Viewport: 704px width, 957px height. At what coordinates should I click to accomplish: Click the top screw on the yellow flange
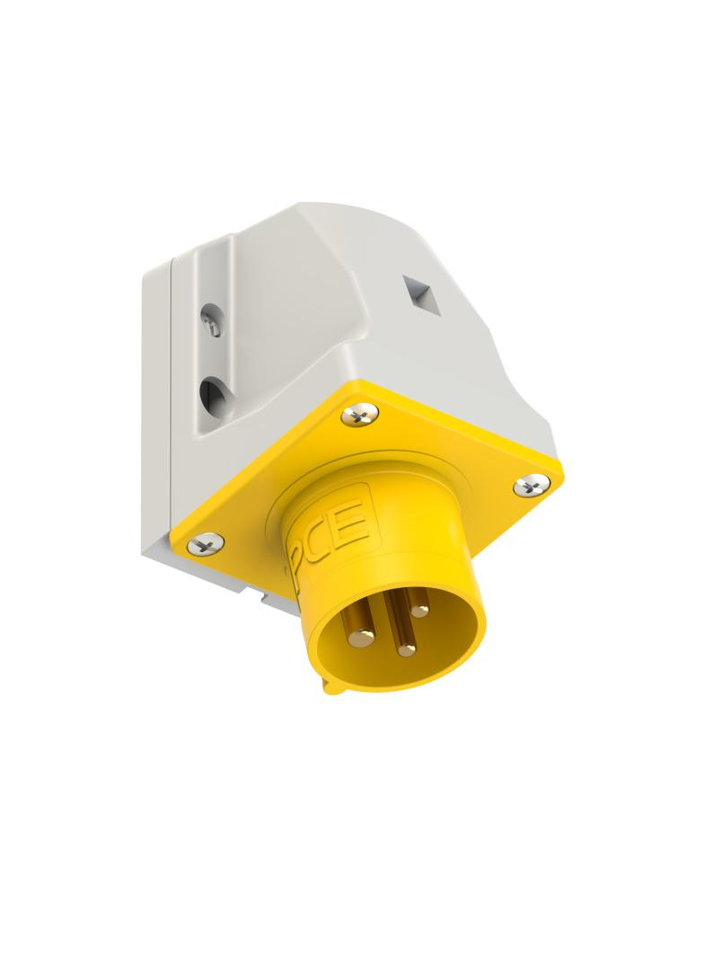pyautogui.click(x=359, y=415)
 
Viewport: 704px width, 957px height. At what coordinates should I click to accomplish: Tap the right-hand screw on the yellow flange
pyautogui.click(x=532, y=485)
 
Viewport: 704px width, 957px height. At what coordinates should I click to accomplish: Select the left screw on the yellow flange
pyautogui.click(x=206, y=542)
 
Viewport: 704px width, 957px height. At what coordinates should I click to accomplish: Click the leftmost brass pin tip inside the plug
pyautogui.click(x=361, y=637)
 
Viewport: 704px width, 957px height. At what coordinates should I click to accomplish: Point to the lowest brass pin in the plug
pyautogui.click(x=407, y=648)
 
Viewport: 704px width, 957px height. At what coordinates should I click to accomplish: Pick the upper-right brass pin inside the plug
pyautogui.click(x=419, y=610)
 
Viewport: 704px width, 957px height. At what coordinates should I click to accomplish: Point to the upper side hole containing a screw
pyautogui.click(x=212, y=320)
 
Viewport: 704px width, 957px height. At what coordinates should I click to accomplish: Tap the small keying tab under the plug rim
pyautogui.click(x=332, y=688)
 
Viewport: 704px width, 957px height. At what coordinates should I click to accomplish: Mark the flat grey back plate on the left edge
pyautogui.click(x=154, y=404)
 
